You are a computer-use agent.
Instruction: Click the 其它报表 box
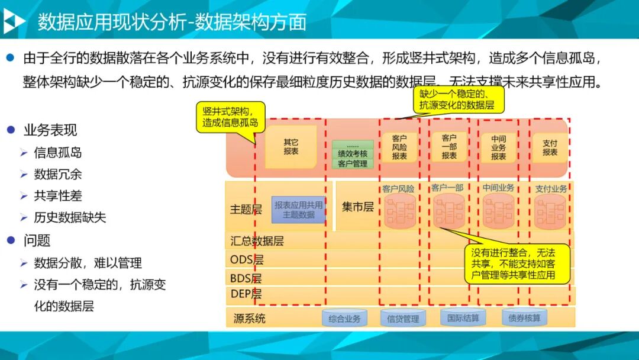pos(291,146)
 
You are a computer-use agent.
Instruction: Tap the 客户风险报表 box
pos(399,147)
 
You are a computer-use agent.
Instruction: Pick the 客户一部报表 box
pos(449,147)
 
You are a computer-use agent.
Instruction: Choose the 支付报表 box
pos(550,147)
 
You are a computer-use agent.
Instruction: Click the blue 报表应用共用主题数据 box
pos(299,210)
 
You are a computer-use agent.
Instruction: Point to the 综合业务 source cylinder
pos(345,319)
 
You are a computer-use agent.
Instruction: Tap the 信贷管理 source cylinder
pos(403,319)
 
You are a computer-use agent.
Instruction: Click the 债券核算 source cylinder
pos(524,318)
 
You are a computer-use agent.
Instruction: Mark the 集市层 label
pos(357,207)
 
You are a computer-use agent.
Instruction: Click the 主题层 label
pos(246,209)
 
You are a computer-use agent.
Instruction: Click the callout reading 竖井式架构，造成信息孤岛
pos(230,117)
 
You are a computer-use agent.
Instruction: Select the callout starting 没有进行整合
pos(518,264)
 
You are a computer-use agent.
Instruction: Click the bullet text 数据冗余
pos(58,174)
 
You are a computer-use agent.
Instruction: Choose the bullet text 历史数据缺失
pos(70,217)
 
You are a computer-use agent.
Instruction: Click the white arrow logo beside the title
pos(14,22)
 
